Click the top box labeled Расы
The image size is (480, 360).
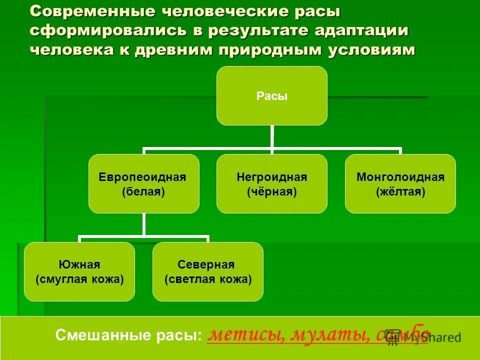tap(272, 95)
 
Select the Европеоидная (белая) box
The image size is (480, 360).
tap(144, 183)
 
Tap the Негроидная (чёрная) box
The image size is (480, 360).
tap(272, 183)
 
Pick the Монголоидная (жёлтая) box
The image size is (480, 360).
tap(400, 183)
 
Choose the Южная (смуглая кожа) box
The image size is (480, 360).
tap(79, 271)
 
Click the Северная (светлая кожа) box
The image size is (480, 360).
tap(208, 271)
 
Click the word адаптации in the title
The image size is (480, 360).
tap(361, 30)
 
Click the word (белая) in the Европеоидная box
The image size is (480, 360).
tap(143, 191)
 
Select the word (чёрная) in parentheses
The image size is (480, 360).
tap(271, 191)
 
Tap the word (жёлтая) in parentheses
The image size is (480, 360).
tap(400, 191)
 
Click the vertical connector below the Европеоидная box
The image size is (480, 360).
tap(144, 224)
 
